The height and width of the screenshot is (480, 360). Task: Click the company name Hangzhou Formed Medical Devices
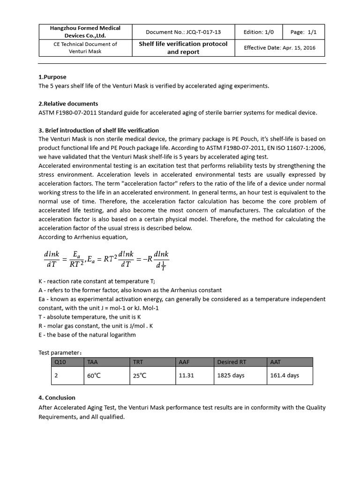[x=85, y=32]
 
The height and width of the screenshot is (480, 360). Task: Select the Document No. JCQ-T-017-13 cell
[x=183, y=32]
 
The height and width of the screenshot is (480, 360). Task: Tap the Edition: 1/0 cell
[x=255, y=32]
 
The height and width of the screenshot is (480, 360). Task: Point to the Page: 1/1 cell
[x=303, y=32]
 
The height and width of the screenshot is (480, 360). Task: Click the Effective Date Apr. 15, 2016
[x=279, y=48]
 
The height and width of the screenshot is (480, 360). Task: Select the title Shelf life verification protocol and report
[x=183, y=48]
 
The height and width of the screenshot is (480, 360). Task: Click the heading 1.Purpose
[x=52, y=77]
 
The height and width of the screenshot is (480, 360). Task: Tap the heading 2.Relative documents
[x=68, y=104]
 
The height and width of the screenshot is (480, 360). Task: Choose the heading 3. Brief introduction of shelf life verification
[x=98, y=130]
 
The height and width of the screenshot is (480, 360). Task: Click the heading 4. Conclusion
[x=57, y=397]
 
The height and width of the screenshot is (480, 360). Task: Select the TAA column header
[x=92, y=362]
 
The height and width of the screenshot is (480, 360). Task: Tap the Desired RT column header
[x=232, y=362]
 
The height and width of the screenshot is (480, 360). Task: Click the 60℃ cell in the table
[x=94, y=375]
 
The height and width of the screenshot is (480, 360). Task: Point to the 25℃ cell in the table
[x=140, y=375]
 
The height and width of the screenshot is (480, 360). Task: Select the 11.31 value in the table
[x=186, y=375]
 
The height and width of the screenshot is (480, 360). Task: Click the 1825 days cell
[x=231, y=375]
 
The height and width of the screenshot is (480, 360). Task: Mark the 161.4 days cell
[x=285, y=375]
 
